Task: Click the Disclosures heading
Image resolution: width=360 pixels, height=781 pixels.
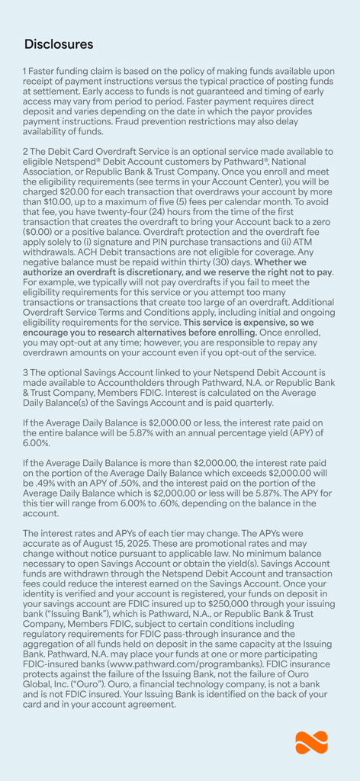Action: coord(59,44)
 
